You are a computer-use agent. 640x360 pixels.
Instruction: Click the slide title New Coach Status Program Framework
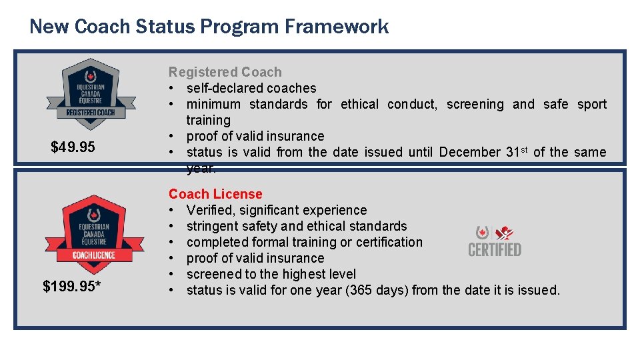[x=209, y=27]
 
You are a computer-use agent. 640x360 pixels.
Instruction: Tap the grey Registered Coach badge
[x=90, y=94]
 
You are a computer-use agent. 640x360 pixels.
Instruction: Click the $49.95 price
[x=73, y=147]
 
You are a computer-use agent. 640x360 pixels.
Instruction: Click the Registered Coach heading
[x=225, y=72]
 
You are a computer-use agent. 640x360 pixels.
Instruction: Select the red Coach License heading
[x=215, y=194]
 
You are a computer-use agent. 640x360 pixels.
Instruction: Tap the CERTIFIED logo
[x=495, y=241]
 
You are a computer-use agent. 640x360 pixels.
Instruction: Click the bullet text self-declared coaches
[x=251, y=88]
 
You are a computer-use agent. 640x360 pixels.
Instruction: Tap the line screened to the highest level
[x=271, y=274]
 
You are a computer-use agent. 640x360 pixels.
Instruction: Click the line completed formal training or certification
[x=304, y=242]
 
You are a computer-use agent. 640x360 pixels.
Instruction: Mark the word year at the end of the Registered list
[x=200, y=168]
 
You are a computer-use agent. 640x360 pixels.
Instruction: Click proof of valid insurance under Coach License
[x=255, y=258]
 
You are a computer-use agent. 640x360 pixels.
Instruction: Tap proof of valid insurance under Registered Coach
[x=255, y=136]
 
